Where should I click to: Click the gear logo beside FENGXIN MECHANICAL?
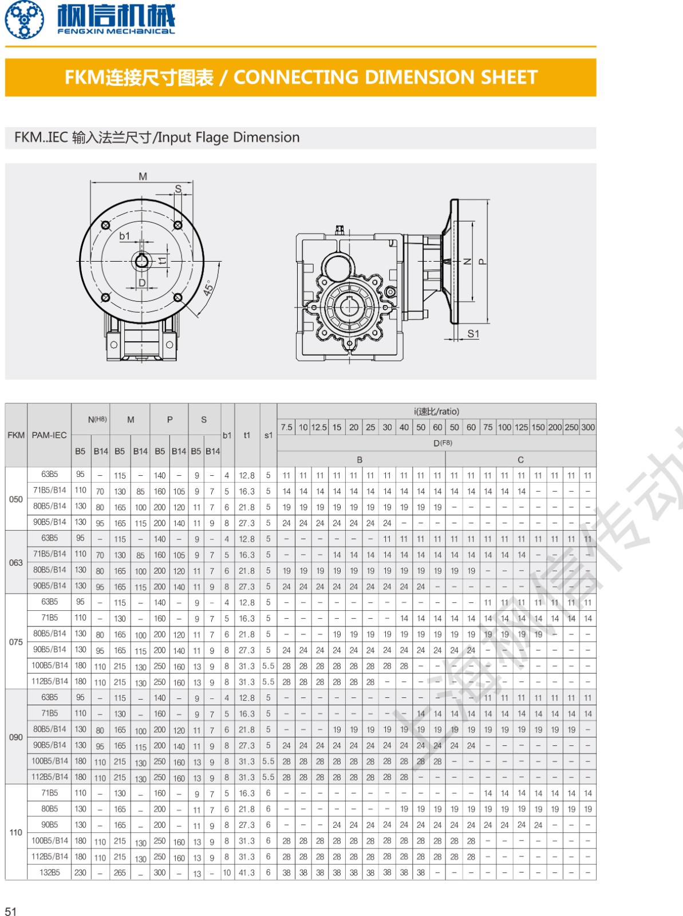coord(24,19)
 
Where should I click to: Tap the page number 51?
coord(11,911)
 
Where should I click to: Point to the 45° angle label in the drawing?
coord(208,287)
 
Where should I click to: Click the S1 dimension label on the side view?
coord(473,333)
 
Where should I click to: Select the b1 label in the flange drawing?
coord(124,236)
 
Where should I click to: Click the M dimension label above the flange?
coord(143,176)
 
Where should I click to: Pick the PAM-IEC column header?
coord(49,435)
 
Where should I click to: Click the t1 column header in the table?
coord(247,435)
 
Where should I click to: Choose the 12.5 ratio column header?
coord(319,427)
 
